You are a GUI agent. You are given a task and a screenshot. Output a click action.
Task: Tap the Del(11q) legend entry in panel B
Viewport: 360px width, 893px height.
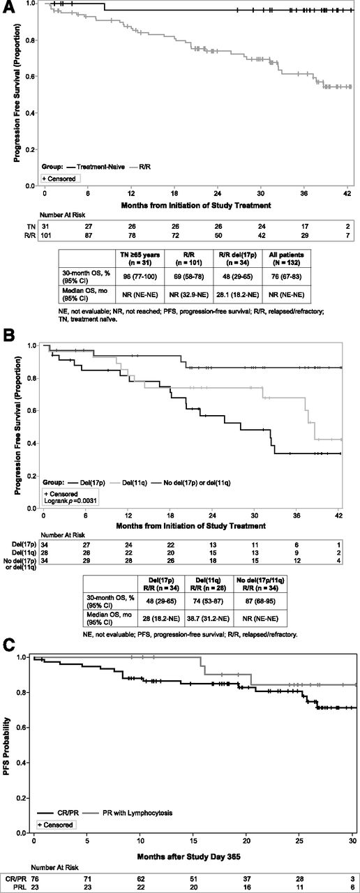[132, 482]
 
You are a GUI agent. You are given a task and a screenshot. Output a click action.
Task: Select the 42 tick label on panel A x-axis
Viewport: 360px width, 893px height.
[347, 193]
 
